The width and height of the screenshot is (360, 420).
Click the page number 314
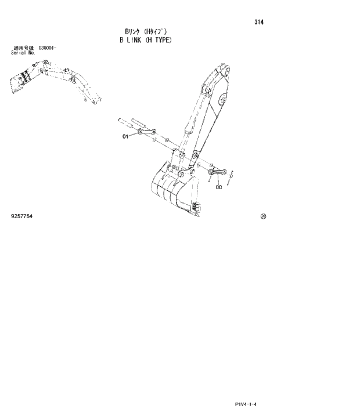[x=258, y=23]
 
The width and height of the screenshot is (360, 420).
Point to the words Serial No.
[x=23, y=52]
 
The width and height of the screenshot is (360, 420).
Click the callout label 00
[x=218, y=187]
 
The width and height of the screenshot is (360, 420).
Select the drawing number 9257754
[x=22, y=216]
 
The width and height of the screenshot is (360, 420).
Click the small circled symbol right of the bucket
[x=263, y=216]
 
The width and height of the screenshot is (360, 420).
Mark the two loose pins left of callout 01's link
[x=131, y=122]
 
